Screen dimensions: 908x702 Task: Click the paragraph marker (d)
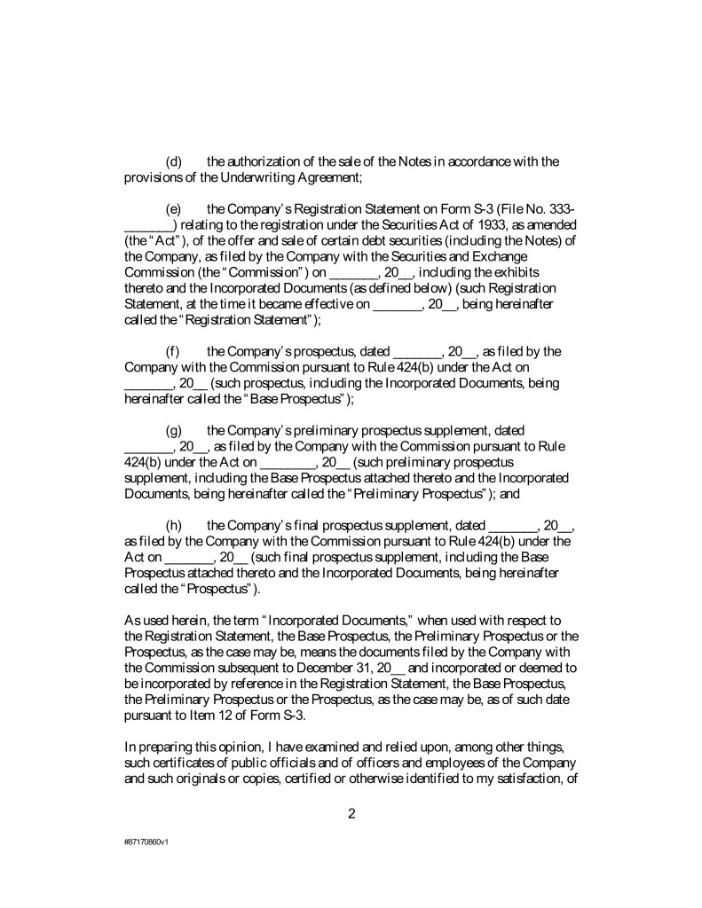coord(174,161)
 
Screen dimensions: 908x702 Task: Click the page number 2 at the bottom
coord(351,815)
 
